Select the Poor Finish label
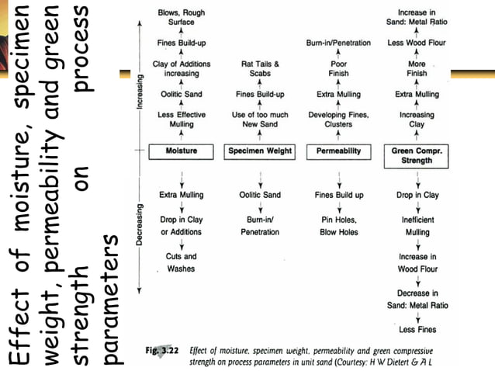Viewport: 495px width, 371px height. point(337,68)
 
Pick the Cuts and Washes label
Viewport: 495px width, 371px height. point(181,262)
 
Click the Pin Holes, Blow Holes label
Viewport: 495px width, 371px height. point(338,226)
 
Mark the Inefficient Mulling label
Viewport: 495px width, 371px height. point(417,226)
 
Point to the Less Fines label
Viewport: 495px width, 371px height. point(417,331)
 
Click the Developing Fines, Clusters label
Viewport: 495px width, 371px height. point(338,120)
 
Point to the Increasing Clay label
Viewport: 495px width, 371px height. point(417,120)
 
